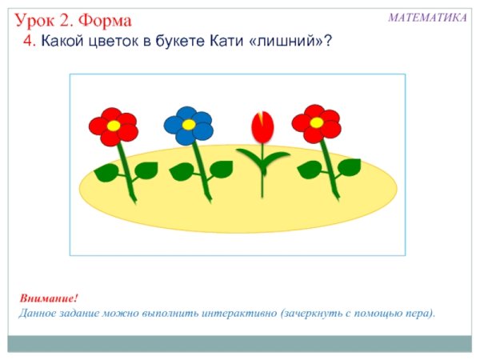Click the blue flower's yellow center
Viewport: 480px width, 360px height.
click(188, 124)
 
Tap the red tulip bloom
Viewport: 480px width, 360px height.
click(262, 126)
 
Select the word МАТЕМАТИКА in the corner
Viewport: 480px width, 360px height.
click(427, 17)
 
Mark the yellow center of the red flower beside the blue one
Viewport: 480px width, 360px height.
click(114, 126)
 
